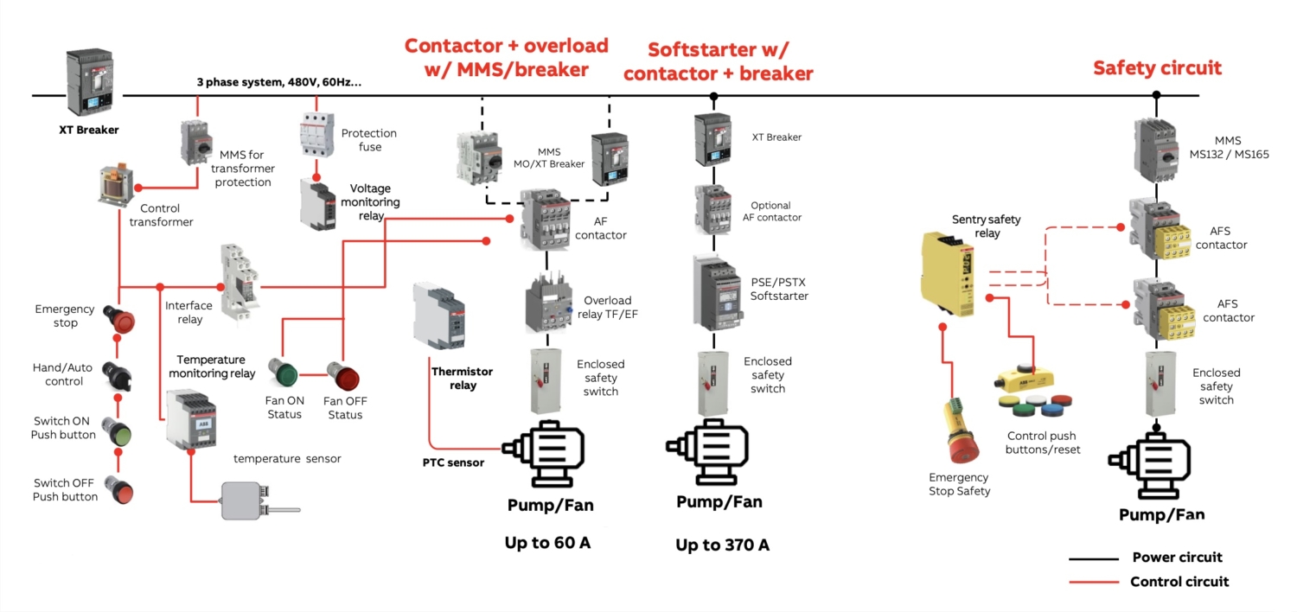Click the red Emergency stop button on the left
[120, 319]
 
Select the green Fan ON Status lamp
[283, 373]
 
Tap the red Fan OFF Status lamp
[342, 377]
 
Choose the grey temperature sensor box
[246, 500]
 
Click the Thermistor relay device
[439, 316]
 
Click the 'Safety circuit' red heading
[1157, 67]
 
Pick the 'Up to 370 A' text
[722, 545]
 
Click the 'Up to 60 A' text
[548, 543]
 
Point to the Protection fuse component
[316, 135]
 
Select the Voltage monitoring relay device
[317, 204]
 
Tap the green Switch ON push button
[117, 430]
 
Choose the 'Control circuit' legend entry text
[1179, 582]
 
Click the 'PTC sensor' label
[453, 462]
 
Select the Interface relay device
[237, 283]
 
